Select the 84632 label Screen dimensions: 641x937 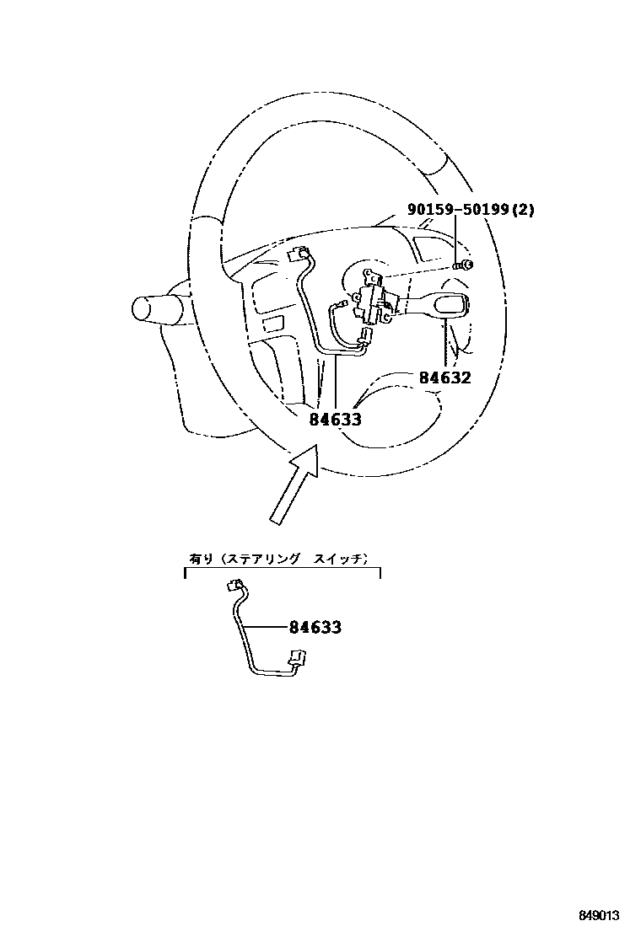(x=444, y=377)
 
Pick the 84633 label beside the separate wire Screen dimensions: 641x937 (x=315, y=627)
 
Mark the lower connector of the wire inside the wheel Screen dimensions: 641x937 (x=364, y=340)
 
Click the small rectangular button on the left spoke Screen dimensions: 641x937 (x=272, y=322)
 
